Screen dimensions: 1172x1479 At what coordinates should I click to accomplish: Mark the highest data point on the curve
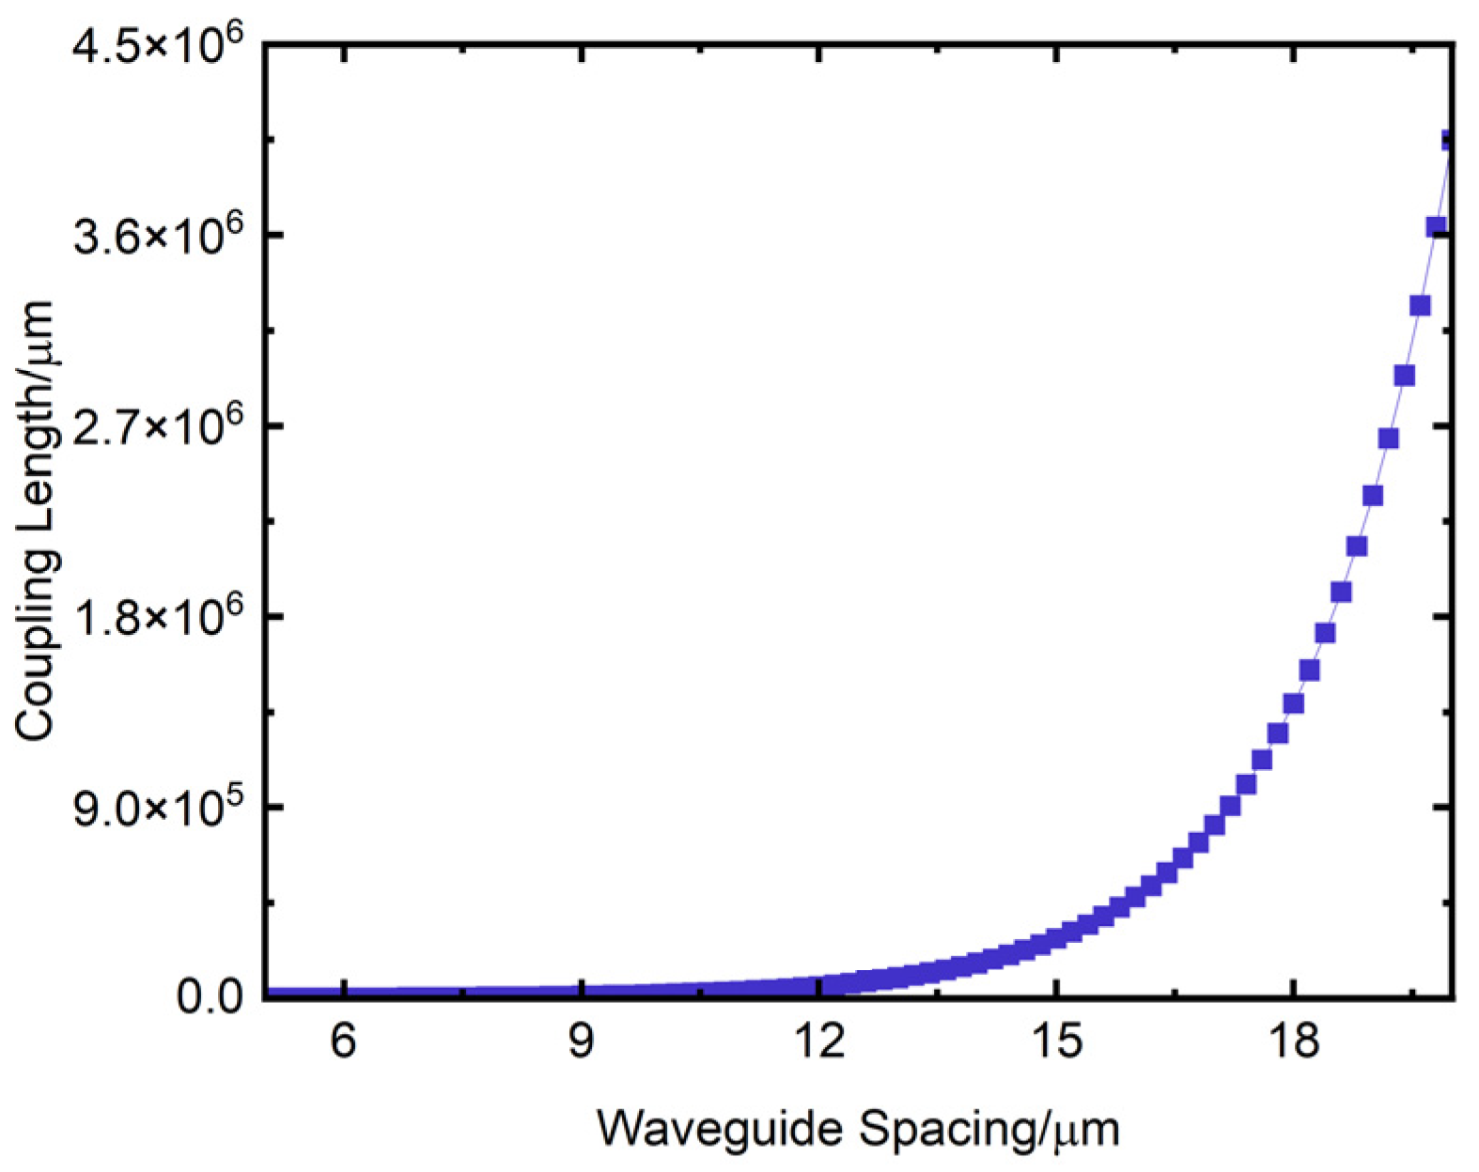coord(1449,141)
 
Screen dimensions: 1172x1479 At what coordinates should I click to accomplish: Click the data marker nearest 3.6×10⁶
coord(1436,226)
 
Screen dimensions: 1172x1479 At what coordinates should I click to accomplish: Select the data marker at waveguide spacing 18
coord(1294,703)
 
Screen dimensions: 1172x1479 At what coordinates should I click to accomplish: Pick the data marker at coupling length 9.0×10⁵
coord(1230,806)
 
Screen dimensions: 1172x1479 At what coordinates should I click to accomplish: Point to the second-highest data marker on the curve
coord(1436,226)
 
